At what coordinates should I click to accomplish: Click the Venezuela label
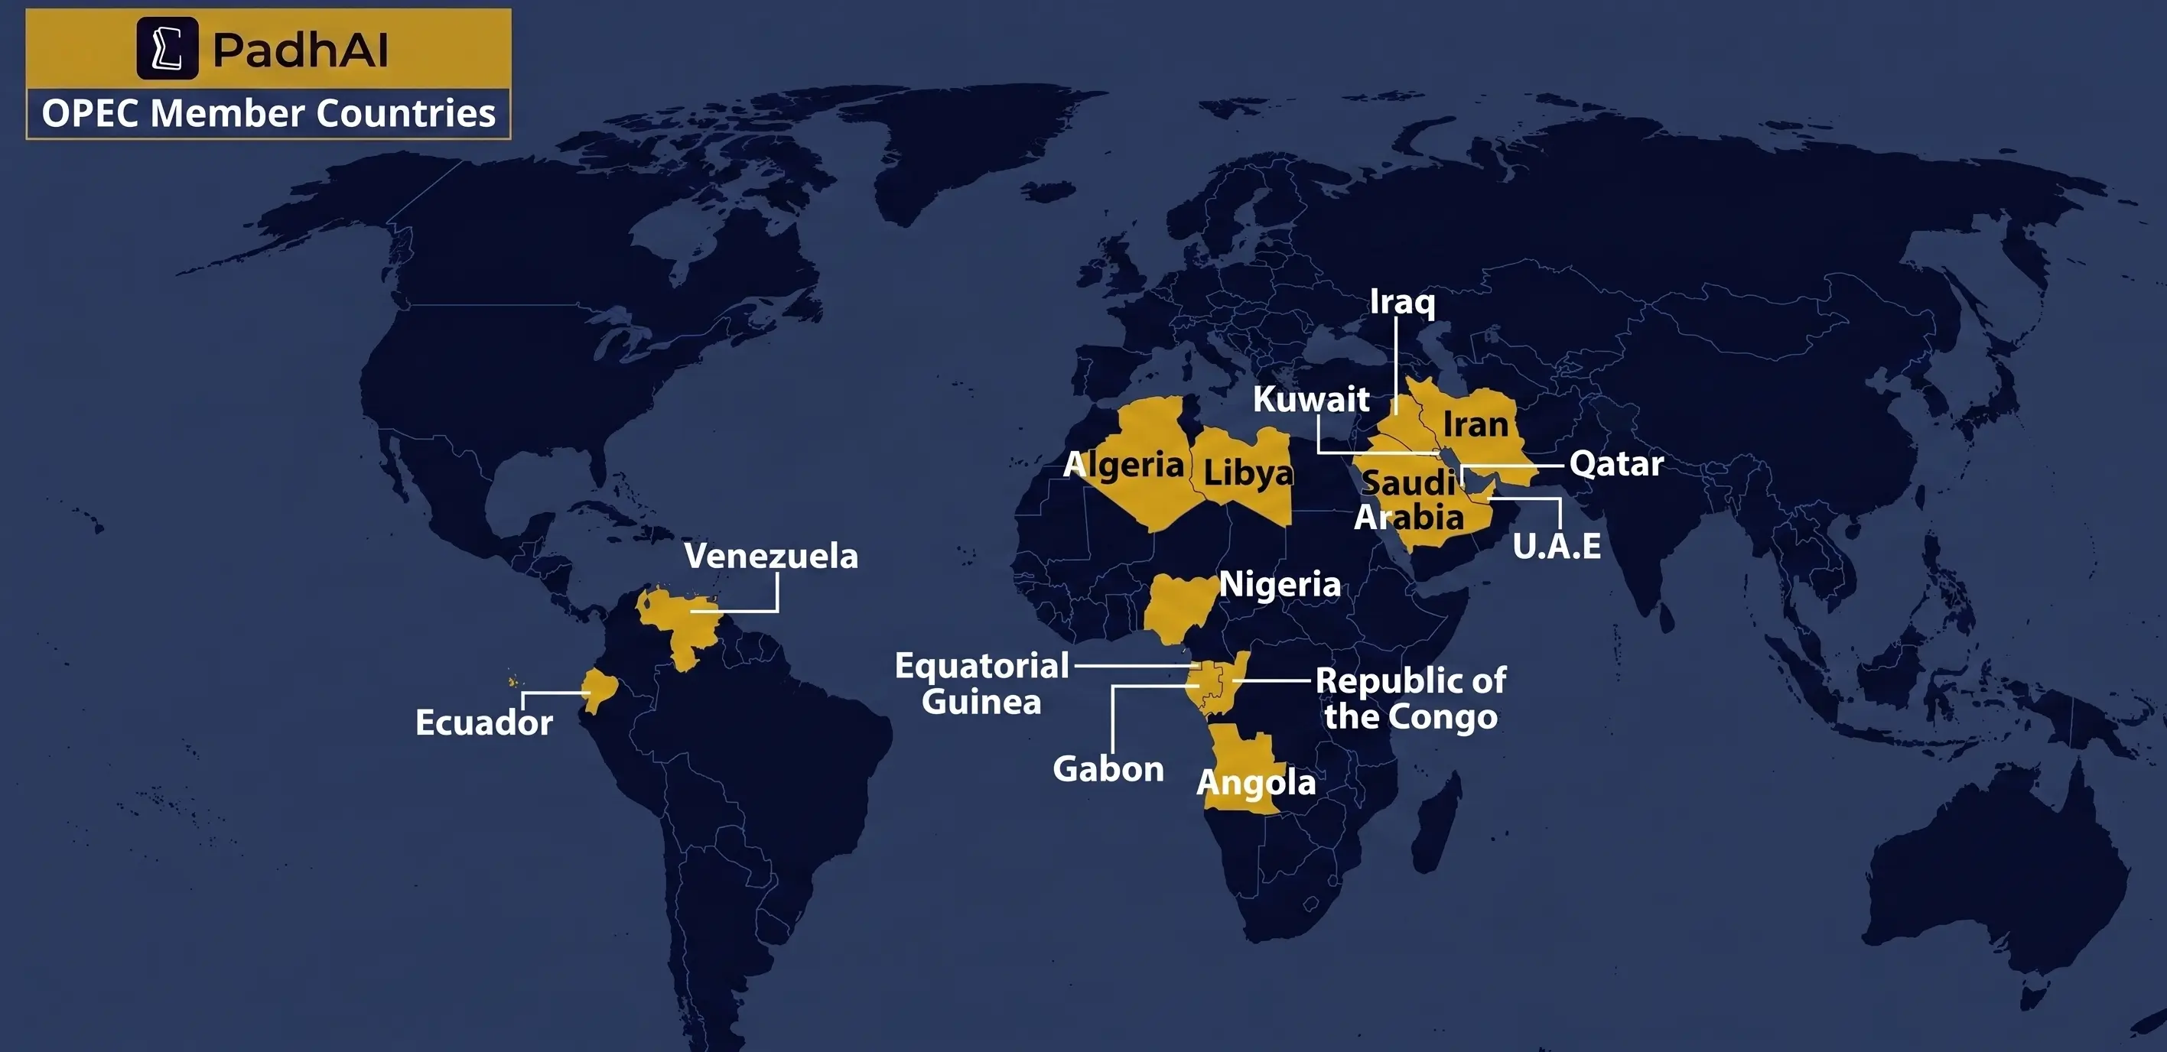tap(770, 556)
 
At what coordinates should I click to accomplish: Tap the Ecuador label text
tap(483, 722)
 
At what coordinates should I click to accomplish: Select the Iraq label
tap(1401, 301)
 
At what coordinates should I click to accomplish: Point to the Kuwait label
tap(1310, 398)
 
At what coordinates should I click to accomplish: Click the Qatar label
tap(1616, 463)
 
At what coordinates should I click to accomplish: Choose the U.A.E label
tap(1557, 546)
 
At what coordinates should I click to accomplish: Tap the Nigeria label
tap(1280, 583)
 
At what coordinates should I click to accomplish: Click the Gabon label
tap(1108, 768)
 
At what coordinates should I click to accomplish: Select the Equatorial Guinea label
tap(981, 683)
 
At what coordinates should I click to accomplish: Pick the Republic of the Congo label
tap(1411, 698)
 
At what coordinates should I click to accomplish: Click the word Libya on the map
tap(1248, 472)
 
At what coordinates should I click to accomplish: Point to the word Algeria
tap(1124, 464)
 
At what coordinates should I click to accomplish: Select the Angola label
tap(1256, 782)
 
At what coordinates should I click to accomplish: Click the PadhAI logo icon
tap(168, 49)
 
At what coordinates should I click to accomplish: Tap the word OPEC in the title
tap(91, 112)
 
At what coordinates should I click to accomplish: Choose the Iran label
tap(1476, 424)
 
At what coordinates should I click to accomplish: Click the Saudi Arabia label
tap(1408, 499)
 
